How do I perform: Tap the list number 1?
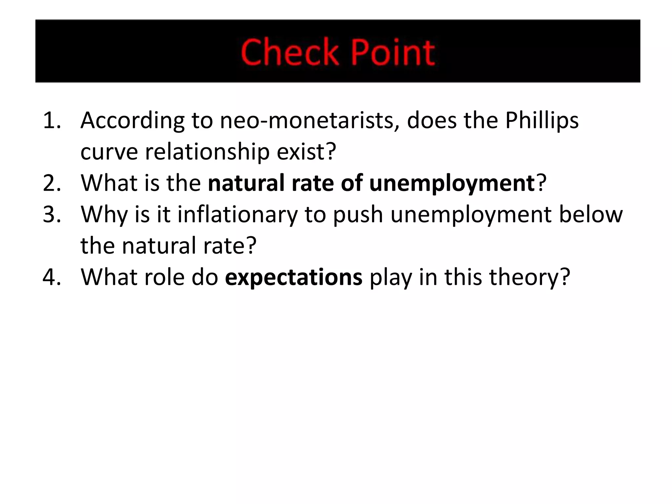tap(52, 120)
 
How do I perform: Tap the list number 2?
tap(52, 183)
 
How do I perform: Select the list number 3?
tap(52, 214)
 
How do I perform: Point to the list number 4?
tap(52, 277)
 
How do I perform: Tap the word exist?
tap(306, 152)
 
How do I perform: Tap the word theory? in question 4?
tap(530, 278)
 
